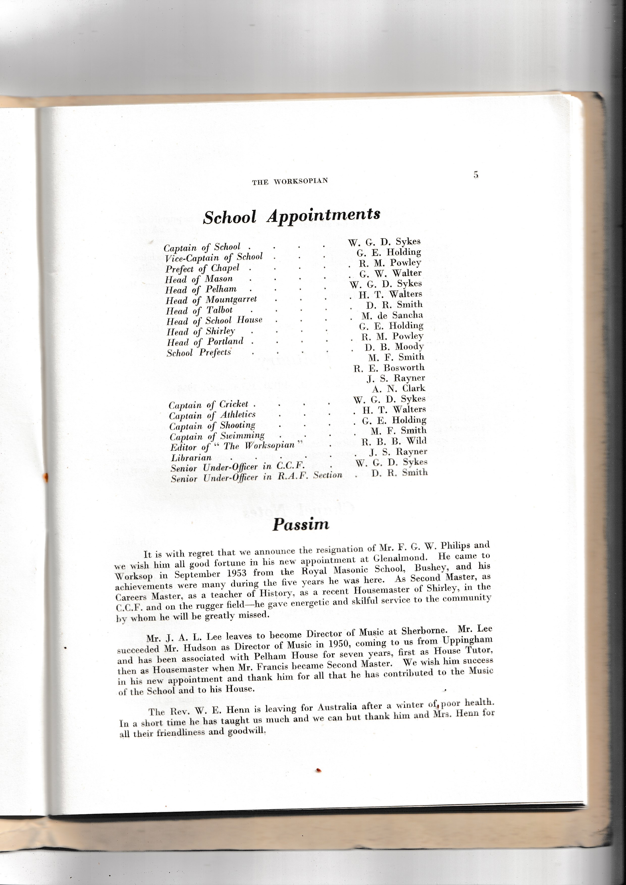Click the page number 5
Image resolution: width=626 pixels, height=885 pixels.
click(476, 175)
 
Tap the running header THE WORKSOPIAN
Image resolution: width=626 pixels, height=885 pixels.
click(290, 181)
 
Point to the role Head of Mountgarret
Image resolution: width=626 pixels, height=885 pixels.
click(211, 300)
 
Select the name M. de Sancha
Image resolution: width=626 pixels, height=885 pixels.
click(392, 315)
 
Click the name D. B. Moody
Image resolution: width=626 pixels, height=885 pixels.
click(394, 346)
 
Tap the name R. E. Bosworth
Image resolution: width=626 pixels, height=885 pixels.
click(389, 367)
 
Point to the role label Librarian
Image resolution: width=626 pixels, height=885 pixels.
click(191, 458)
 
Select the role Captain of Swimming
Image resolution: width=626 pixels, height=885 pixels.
click(217, 436)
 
